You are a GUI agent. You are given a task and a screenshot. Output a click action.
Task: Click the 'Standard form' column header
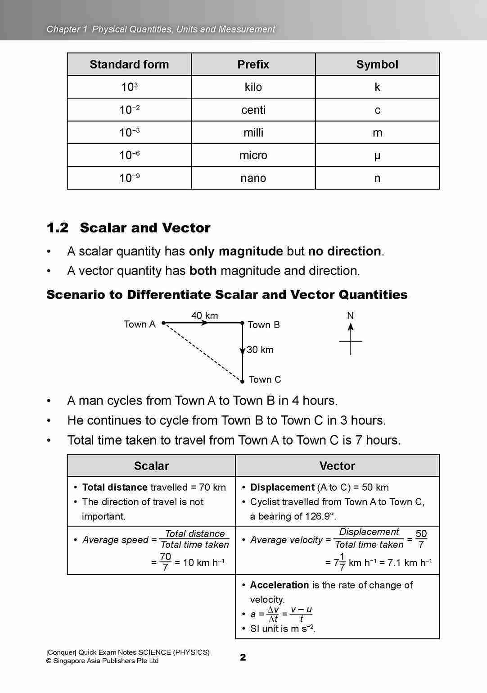[x=129, y=64]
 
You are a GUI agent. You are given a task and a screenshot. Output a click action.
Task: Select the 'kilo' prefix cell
[x=253, y=87]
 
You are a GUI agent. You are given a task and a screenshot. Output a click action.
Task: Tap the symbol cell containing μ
[x=377, y=155]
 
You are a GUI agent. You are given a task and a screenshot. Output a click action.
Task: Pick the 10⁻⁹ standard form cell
[x=129, y=178]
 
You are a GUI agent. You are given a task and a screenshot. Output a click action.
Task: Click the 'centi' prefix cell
[x=253, y=110]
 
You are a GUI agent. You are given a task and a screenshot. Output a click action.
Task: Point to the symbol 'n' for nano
[x=377, y=178]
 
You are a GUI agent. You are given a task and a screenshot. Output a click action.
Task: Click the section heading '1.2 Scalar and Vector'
[x=128, y=228]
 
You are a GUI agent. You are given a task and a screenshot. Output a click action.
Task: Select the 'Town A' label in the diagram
[x=140, y=324]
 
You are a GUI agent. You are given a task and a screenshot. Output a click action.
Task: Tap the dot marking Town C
[x=242, y=382]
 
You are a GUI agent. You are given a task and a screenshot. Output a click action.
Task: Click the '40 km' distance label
[x=204, y=315]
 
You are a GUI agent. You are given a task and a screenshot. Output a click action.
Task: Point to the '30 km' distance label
[x=260, y=350]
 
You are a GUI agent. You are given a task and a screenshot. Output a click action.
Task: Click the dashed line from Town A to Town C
[x=203, y=352]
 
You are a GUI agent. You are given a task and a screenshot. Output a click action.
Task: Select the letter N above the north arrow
[x=350, y=316]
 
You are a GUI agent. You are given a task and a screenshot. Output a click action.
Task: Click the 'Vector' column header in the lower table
[x=337, y=466]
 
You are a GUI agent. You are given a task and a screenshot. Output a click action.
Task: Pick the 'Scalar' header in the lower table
[x=151, y=466]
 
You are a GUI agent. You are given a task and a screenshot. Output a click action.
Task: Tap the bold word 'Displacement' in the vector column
[x=282, y=488]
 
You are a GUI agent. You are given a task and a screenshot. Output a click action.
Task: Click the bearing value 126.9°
[x=320, y=516]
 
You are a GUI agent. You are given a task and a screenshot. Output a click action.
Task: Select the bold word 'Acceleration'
[x=279, y=585]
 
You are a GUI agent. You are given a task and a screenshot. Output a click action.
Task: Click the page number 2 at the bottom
[x=243, y=657]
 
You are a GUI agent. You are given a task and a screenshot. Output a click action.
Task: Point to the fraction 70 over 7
[x=165, y=562]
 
